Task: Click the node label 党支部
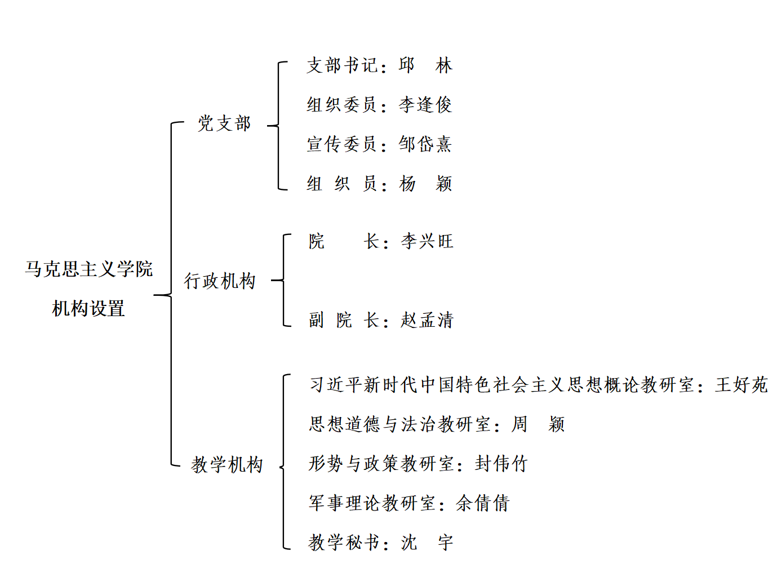[x=224, y=123]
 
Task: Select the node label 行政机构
[x=220, y=281]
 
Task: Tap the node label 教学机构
[x=227, y=464]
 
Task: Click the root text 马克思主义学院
[x=88, y=269]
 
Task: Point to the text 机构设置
[x=88, y=308]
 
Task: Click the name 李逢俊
[x=425, y=105]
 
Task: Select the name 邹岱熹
[x=425, y=144]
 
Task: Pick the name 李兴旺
[x=427, y=242]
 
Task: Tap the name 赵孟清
[x=427, y=320]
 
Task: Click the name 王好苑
[x=741, y=385]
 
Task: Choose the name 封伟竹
[x=501, y=464]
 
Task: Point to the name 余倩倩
[x=482, y=503]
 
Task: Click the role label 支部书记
[x=342, y=65]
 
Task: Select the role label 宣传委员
[x=342, y=144]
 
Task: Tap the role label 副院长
[x=343, y=320]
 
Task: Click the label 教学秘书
[x=344, y=543]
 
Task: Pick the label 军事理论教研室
[x=372, y=503]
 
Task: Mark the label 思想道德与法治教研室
[x=400, y=424]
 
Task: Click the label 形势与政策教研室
[x=381, y=464]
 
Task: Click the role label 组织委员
[x=342, y=105]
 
